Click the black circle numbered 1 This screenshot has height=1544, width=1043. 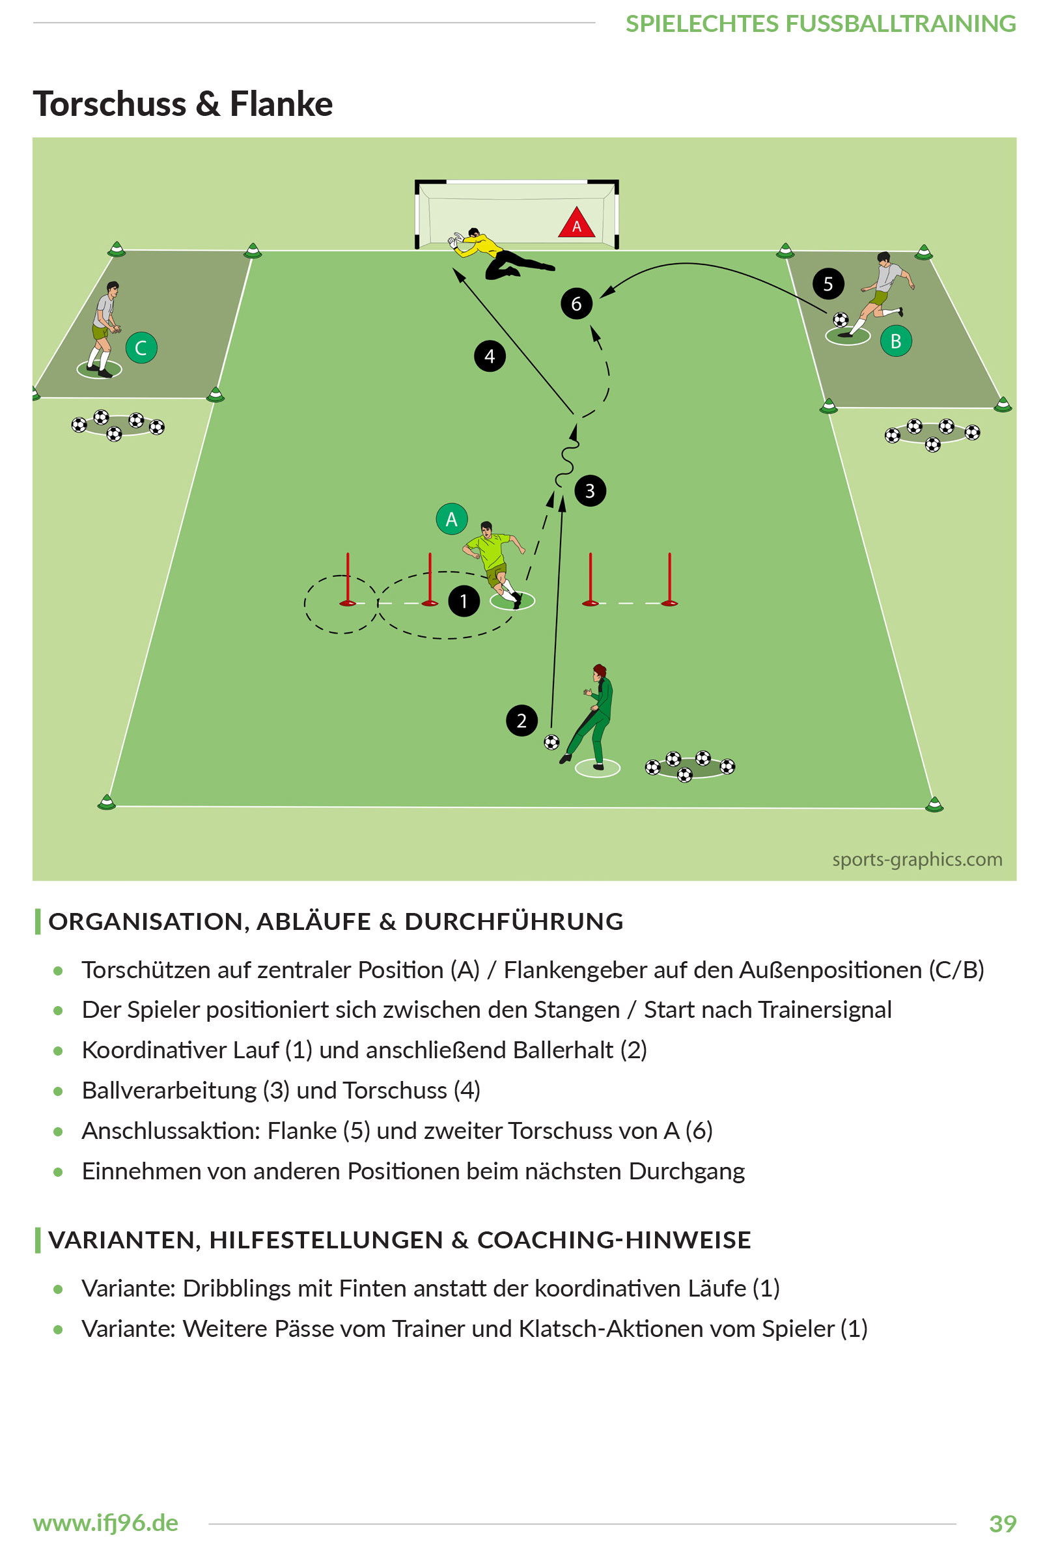point(464,600)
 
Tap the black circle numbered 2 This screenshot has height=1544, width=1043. point(521,720)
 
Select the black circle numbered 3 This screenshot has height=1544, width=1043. point(590,490)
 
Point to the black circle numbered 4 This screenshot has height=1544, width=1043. point(490,356)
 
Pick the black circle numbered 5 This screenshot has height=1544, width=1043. point(827,284)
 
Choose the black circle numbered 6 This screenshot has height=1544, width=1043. point(576,303)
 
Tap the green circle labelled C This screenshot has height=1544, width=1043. point(141,348)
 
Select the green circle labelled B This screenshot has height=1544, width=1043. point(895,341)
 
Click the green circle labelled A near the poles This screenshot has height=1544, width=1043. point(452,519)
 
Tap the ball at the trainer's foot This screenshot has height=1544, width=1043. point(551,742)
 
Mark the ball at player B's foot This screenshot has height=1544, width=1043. point(841,320)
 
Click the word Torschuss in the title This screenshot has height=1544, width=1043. point(110,104)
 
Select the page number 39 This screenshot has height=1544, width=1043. point(1003,1523)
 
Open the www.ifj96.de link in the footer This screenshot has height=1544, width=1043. point(105,1523)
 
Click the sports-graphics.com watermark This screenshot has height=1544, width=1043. point(917,859)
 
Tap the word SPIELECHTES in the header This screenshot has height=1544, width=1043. point(701,24)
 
